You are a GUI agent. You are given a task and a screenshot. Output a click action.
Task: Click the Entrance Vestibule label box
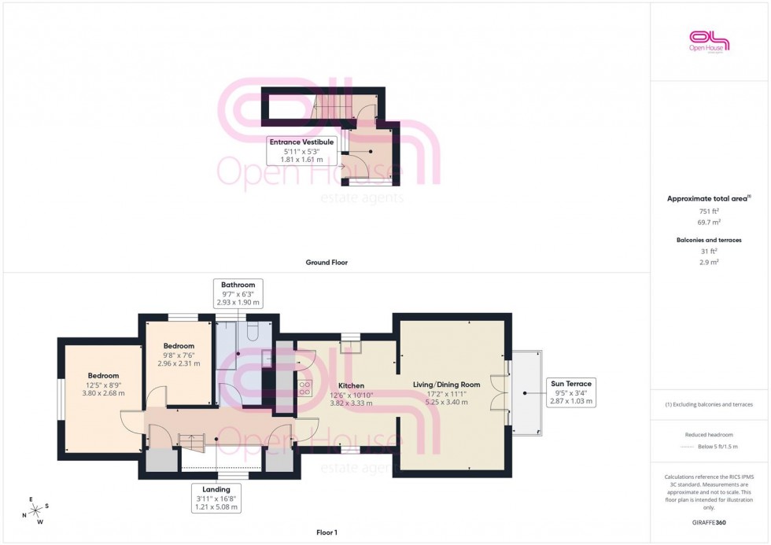pyautogui.click(x=303, y=150)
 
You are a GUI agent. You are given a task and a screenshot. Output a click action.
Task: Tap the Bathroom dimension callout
pyautogui.click(x=238, y=293)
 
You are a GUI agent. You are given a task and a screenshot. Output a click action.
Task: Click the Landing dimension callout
pyautogui.click(x=216, y=498)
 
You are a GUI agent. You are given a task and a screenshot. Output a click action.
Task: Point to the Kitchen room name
pyautogui.click(x=351, y=385)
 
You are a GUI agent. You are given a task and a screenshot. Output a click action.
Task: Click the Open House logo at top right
pyautogui.click(x=710, y=41)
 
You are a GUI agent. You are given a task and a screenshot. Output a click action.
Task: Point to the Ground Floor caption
pyautogui.click(x=326, y=262)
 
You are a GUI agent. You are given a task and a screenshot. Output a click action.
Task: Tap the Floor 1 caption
pyautogui.click(x=326, y=532)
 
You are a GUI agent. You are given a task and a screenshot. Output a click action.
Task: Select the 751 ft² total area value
pyautogui.click(x=710, y=212)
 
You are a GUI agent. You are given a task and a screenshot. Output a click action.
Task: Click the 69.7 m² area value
pyautogui.click(x=710, y=223)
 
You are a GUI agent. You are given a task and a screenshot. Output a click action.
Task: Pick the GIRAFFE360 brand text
pyautogui.click(x=710, y=522)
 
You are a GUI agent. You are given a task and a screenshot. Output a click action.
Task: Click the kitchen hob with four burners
pyautogui.click(x=304, y=387)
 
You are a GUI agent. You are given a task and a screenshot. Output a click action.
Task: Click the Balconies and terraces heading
pyautogui.click(x=710, y=240)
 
